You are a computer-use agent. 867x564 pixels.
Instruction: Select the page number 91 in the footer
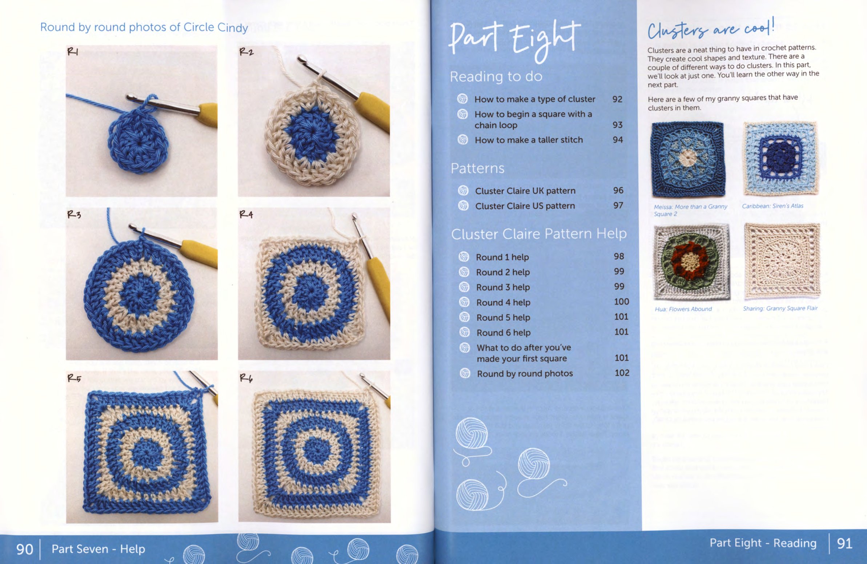[844, 544]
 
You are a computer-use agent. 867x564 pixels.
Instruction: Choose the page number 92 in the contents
[617, 99]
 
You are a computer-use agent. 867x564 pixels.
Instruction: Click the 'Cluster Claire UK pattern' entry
[525, 191]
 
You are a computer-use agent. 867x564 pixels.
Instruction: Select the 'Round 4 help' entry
[503, 302]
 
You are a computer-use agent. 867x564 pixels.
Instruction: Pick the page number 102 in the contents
[622, 373]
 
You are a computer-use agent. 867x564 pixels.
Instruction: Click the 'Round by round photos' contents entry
[525, 373]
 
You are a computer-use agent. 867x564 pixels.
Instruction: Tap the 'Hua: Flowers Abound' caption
[683, 309]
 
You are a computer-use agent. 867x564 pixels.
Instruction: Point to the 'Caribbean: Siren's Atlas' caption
[772, 206]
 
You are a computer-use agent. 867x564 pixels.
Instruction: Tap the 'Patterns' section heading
[478, 168]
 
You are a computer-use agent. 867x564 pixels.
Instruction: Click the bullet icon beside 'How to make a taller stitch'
[463, 139]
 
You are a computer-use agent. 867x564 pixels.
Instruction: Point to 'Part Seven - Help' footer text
[99, 549]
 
